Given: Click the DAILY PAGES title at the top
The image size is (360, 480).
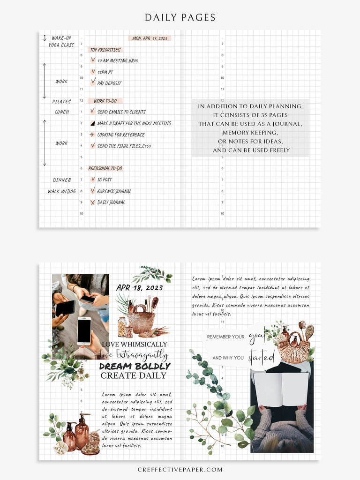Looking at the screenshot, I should (x=180, y=18).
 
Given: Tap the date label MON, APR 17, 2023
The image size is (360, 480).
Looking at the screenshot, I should (x=150, y=38).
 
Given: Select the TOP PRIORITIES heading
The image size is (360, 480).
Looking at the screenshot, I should (x=105, y=50).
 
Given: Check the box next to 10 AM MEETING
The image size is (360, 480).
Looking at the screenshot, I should (x=93, y=60).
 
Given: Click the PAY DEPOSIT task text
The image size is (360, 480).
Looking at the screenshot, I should (x=109, y=83).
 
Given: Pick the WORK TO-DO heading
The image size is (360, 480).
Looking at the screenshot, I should (x=105, y=101).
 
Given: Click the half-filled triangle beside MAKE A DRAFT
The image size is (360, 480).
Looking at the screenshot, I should (x=93, y=123).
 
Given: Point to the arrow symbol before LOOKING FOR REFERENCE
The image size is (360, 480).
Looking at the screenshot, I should (x=92, y=135).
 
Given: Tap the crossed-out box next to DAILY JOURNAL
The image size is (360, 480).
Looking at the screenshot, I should (x=93, y=202).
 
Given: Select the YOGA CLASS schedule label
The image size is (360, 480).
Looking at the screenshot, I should (x=61, y=45).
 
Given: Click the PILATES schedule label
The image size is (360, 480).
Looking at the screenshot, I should (x=61, y=101).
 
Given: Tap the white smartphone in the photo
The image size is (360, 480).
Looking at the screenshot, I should (x=84, y=330).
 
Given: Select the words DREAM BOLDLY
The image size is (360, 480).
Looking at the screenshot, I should (x=135, y=366).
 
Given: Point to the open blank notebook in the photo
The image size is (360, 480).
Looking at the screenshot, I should (x=281, y=389).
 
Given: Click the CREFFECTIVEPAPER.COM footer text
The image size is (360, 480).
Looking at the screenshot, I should (x=180, y=469).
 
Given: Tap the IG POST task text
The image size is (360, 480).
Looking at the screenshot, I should (x=105, y=180).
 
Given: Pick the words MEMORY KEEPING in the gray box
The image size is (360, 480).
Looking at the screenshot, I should (x=250, y=133).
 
